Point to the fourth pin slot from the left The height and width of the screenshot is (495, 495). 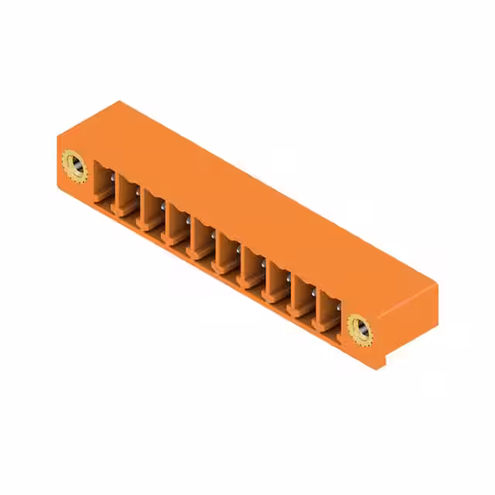[177, 225]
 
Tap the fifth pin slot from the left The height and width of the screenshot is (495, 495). [203, 239]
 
